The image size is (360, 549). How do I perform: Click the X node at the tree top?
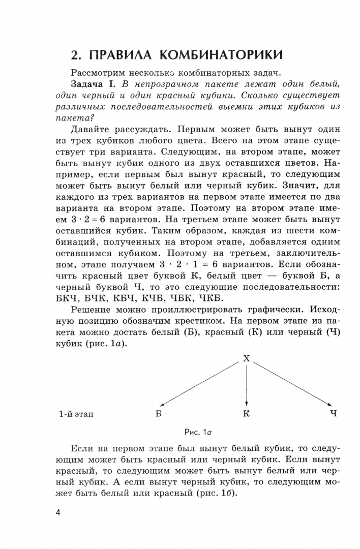247,358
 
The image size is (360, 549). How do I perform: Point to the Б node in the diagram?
158,414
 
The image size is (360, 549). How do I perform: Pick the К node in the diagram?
246,414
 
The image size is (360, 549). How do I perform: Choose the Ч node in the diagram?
334,414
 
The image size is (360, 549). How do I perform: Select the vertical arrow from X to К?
247,384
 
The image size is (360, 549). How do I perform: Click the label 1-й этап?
76,414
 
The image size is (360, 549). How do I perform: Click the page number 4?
58,511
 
